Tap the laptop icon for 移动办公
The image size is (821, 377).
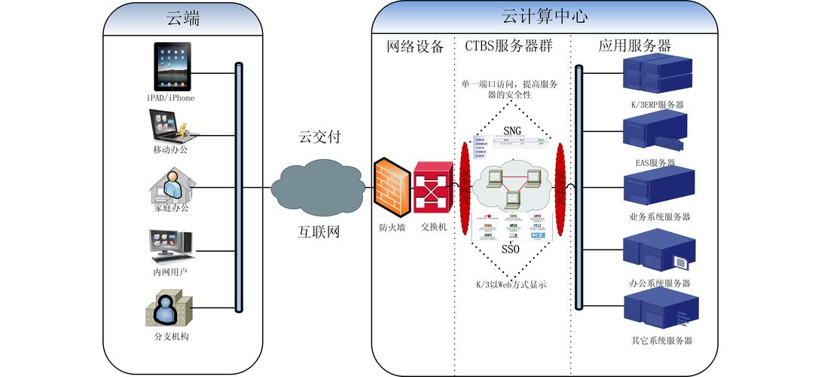[172, 125]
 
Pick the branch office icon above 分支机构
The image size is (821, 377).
[169, 308]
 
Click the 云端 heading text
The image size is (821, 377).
[183, 19]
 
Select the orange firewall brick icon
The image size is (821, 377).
[392, 186]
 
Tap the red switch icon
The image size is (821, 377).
[433, 186]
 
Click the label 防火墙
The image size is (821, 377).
[392, 225]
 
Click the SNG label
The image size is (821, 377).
[512, 131]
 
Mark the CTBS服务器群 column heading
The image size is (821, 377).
[509, 46]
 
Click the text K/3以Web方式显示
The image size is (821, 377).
[510, 284]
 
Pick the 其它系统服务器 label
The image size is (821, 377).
[661, 340]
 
